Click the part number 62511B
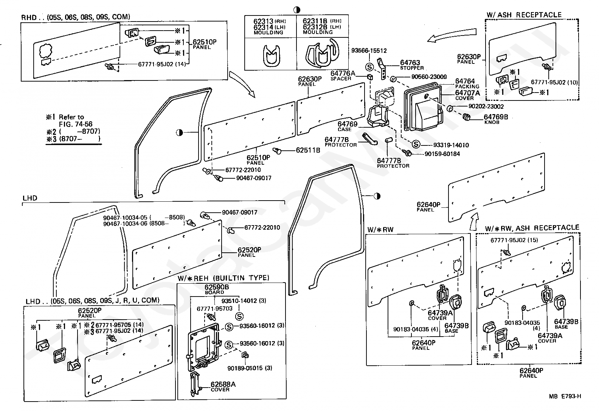coord(308,150)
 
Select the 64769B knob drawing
coord(466,117)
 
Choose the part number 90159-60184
coord(442,154)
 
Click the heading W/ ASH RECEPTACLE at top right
coord(524,15)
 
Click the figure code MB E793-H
coord(565,396)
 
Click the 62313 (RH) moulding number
coord(264,22)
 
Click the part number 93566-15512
coord(369,51)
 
